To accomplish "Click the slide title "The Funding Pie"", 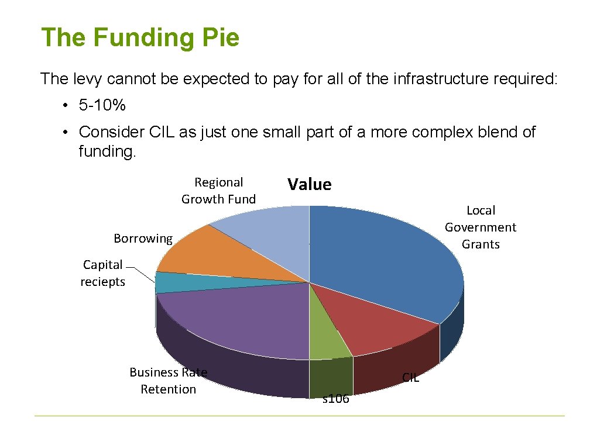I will (x=140, y=38).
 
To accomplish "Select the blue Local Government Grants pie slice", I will (x=386, y=257).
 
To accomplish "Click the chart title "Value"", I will (x=309, y=185).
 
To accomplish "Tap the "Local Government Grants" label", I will (x=481, y=227).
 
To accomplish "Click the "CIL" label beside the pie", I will (x=411, y=378).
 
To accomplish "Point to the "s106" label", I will (x=336, y=399).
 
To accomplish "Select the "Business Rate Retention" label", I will (x=168, y=381).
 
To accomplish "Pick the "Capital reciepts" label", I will (x=103, y=273).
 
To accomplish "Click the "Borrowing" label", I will (x=143, y=239).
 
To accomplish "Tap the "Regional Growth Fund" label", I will (x=218, y=191).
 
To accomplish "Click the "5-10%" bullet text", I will (x=102, y=106).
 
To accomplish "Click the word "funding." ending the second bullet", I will (x=107, y=152).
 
